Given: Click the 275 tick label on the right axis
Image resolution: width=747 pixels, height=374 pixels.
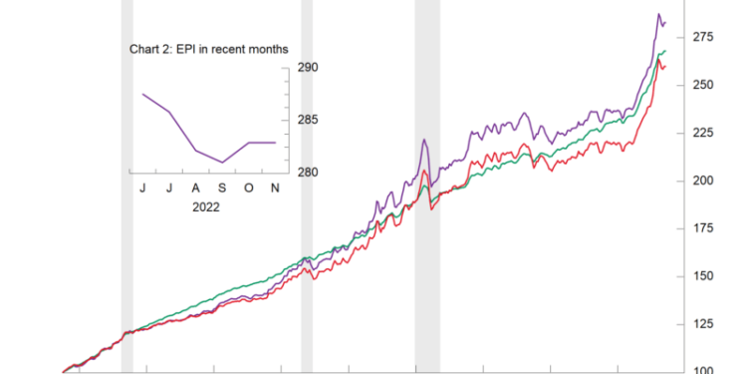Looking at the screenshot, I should pos(704,37).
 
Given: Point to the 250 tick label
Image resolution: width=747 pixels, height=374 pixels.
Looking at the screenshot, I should pos(704,85).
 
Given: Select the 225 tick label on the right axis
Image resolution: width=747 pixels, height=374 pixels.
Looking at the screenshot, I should pos(704,133).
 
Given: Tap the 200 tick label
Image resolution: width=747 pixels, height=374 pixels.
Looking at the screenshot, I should pos(704,181).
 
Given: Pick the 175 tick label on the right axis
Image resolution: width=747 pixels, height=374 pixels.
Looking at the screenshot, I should pos(704,228).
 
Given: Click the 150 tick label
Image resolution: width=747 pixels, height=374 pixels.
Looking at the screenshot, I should pos(704,276).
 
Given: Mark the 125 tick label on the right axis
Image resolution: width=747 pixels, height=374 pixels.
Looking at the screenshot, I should pos(704,324).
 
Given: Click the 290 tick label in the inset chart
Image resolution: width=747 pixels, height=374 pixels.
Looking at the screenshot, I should pos(307,68).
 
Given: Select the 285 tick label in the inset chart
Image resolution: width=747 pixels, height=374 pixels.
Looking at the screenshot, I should pos(307,121).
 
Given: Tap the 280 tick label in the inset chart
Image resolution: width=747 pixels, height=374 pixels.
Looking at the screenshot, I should pos(307,173).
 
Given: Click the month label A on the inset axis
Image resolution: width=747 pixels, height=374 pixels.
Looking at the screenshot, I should pos(196,187).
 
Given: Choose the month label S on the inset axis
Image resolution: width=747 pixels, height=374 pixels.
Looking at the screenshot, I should pos(223,187).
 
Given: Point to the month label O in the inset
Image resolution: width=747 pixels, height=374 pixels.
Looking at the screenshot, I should pos(249,187).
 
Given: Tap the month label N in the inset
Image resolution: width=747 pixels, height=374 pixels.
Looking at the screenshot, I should pos(276,187).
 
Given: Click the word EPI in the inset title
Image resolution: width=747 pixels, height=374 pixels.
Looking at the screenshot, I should pos(189,48).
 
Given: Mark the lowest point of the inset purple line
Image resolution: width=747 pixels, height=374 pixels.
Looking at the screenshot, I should pos(223,162).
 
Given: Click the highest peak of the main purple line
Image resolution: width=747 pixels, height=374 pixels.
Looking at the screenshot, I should pos(658,15).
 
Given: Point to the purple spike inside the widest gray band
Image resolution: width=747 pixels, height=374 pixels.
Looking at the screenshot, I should pos(424,141).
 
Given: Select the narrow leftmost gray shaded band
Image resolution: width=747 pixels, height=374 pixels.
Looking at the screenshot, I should pos(126,180).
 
